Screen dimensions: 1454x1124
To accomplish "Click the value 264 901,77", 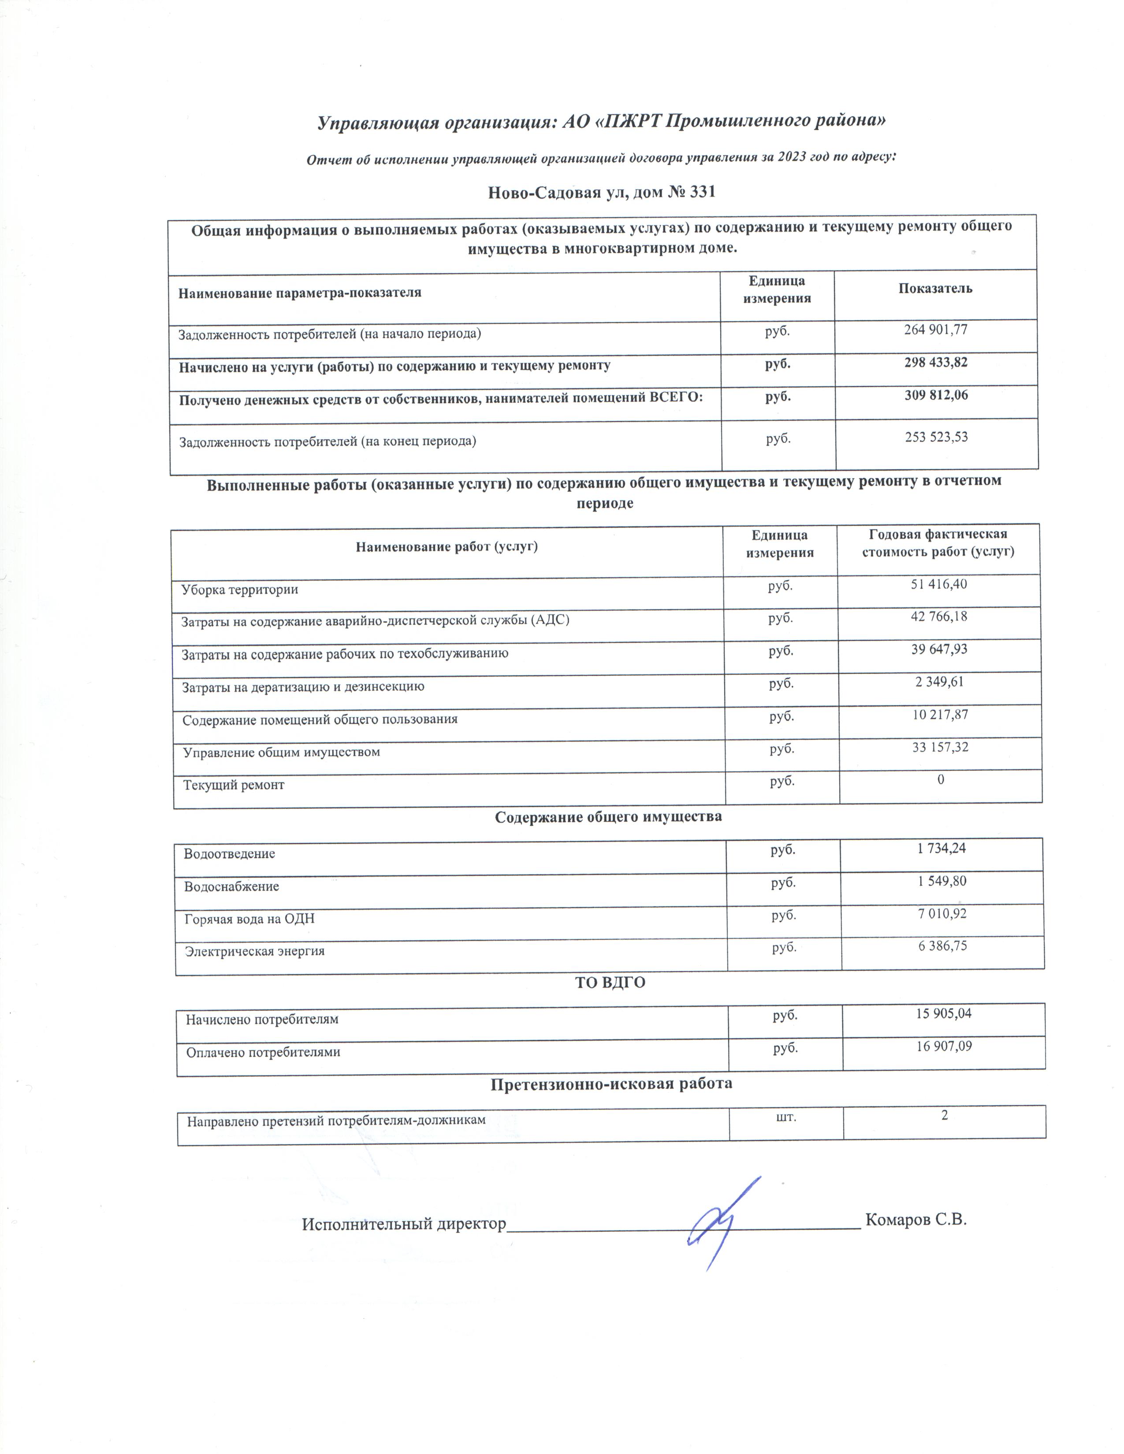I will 935,330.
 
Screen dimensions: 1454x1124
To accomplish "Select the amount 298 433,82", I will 935,363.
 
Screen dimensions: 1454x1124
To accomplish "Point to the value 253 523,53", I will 936,438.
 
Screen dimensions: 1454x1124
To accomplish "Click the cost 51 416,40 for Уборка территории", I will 939,585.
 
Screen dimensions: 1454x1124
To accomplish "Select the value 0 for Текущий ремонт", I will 941,779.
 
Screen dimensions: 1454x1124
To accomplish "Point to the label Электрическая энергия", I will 255,951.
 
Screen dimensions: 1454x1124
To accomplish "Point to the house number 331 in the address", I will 702,193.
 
